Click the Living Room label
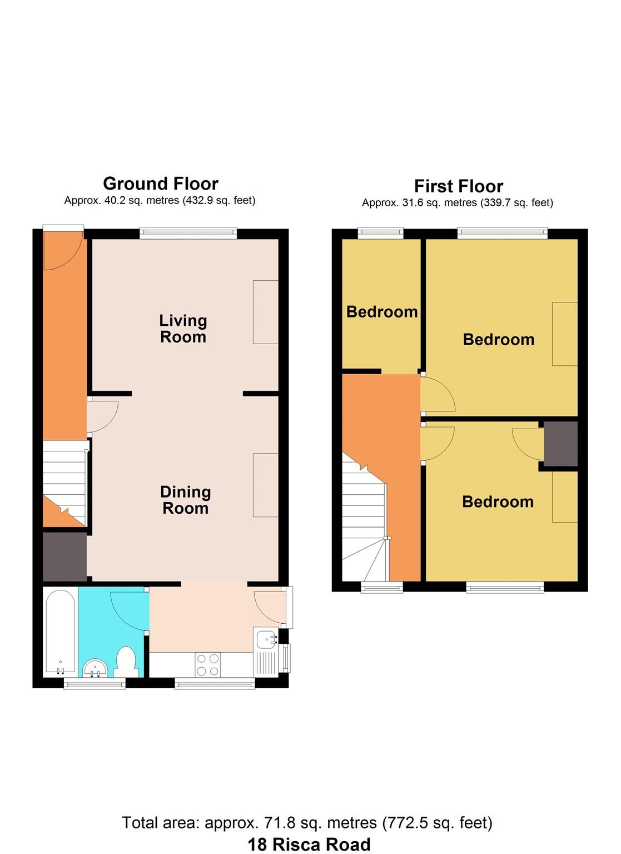[x=183, y=329]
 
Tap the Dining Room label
[x=185, y=500]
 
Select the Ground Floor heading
[x=161, y=183]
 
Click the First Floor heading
[x=458, y=186]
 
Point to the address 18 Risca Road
[x=309, y=844]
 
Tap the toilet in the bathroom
[x=127, y=662]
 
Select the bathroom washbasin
[x=96, y=668]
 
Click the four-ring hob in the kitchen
[x=207, y=664]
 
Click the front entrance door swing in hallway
[x=62, y=250]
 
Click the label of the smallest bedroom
[x=382, y=311]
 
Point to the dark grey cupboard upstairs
[x=560, y=444]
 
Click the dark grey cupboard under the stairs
[x=64, y=557]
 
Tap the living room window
[x=188, y=234]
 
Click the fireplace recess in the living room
[x=266, y=312]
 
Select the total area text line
[x=307, y=822]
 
